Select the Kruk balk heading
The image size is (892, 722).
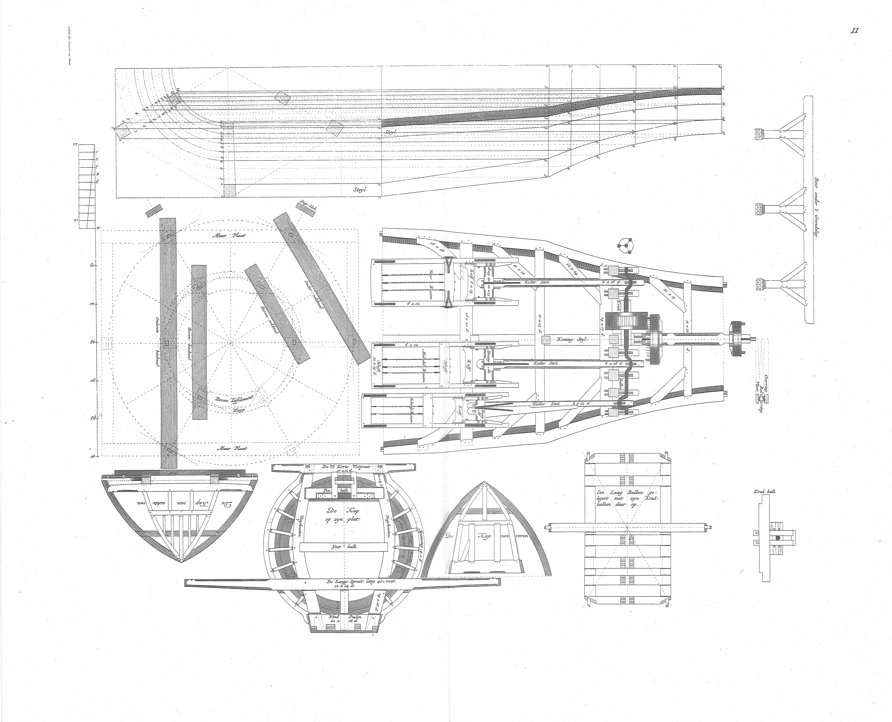pyautogui.click(x=764, y=491)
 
